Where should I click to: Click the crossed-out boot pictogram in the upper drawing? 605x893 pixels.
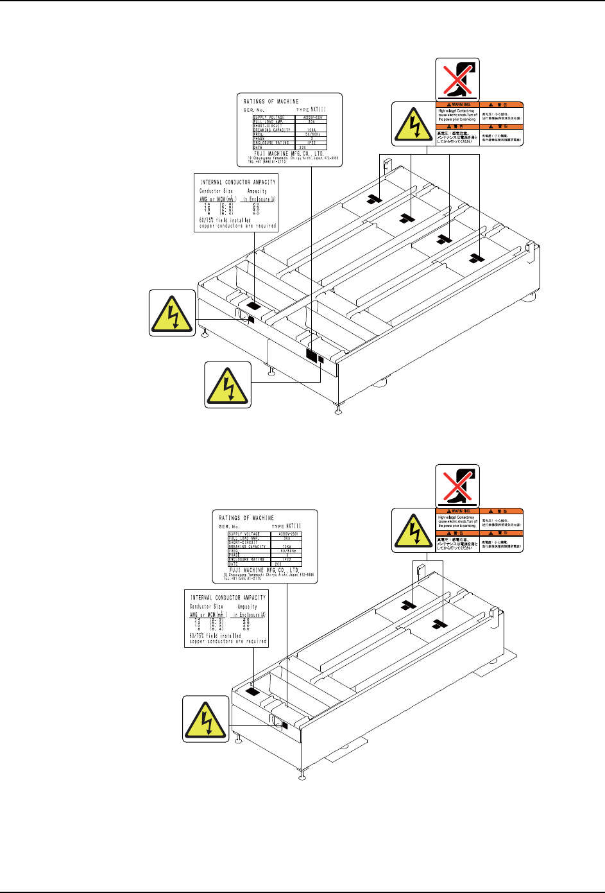[457, 79]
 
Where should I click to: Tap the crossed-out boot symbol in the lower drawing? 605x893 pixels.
[457, 486]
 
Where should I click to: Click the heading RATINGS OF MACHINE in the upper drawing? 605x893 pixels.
[271, 101]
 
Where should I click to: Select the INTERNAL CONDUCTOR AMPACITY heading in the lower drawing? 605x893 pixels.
[228, 598]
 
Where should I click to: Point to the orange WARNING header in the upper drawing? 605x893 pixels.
[457, 105]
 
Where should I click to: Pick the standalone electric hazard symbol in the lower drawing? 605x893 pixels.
[205, 718]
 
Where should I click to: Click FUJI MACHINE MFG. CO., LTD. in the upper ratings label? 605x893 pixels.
[284, 153]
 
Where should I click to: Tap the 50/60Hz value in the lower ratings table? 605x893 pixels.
[287, 551]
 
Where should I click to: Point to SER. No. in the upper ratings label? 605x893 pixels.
[253, 110]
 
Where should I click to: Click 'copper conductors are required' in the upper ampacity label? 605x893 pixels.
[237, 226]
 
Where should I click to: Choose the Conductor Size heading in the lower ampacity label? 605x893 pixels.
[206, 607]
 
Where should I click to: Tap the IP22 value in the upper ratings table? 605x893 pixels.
[311, 143]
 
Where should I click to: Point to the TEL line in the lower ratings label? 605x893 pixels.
[244, 577]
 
